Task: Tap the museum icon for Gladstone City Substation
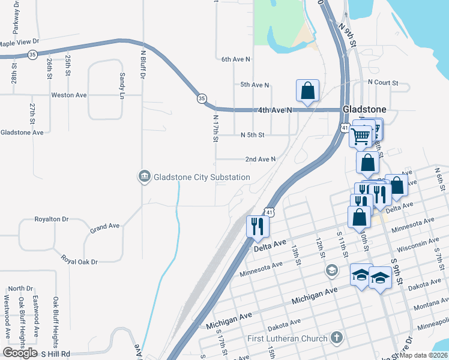coord(144,176)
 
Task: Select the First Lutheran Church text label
coord(288,339)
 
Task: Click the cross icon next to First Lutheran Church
coord(337,338)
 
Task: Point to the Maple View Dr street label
coord(19,43)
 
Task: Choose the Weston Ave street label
coord(69,95)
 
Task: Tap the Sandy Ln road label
coord(122,86)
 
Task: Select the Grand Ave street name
coord(105,227)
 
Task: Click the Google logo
coord(20,353)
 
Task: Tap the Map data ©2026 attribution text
coord(423,355)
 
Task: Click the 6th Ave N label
coord(235,59)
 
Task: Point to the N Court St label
coord(383,82)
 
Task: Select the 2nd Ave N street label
coord(260,159)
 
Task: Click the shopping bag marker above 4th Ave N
coord(307,91)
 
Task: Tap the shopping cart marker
coord(360,136)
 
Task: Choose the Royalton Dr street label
coord(52,219)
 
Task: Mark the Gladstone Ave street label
coord(22,132)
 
